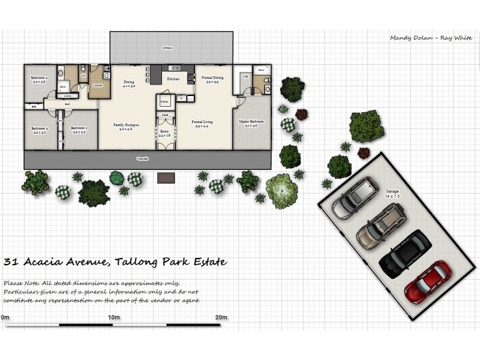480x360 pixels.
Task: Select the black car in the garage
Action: point(405,254)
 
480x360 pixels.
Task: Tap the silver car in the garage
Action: point(356,197)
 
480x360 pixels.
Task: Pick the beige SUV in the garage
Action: point(381,225)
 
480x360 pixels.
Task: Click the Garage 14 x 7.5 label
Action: point(392,194)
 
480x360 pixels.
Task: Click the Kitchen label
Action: point(173,79)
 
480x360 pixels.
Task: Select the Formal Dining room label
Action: point(212,79)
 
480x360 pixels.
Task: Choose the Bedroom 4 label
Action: point(39,80)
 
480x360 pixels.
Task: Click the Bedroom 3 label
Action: point(40,130)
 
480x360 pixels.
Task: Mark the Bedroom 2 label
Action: point(79,130)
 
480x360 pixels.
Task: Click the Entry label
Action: point(164,133)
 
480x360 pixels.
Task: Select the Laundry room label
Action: point(98,85)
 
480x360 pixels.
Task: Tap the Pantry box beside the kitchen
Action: point(164,103)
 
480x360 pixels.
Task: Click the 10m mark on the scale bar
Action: point(112,317)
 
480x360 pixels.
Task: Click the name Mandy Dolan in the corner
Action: point(410,38)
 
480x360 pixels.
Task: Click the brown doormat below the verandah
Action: point(166,178)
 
